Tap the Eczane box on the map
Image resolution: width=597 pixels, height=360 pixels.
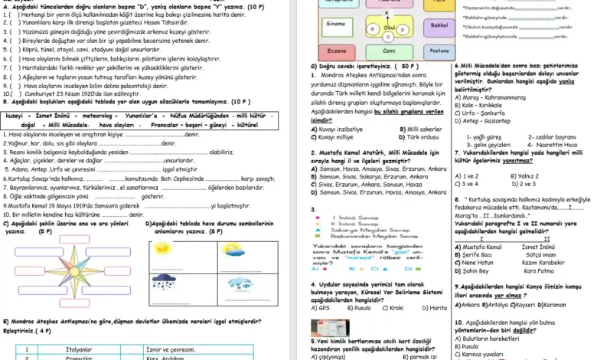pos(335,51)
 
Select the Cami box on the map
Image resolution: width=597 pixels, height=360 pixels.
pos(387,51)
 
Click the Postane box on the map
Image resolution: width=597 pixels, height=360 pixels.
pos(439,51)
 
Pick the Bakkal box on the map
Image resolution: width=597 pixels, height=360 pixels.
pos(439,25)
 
